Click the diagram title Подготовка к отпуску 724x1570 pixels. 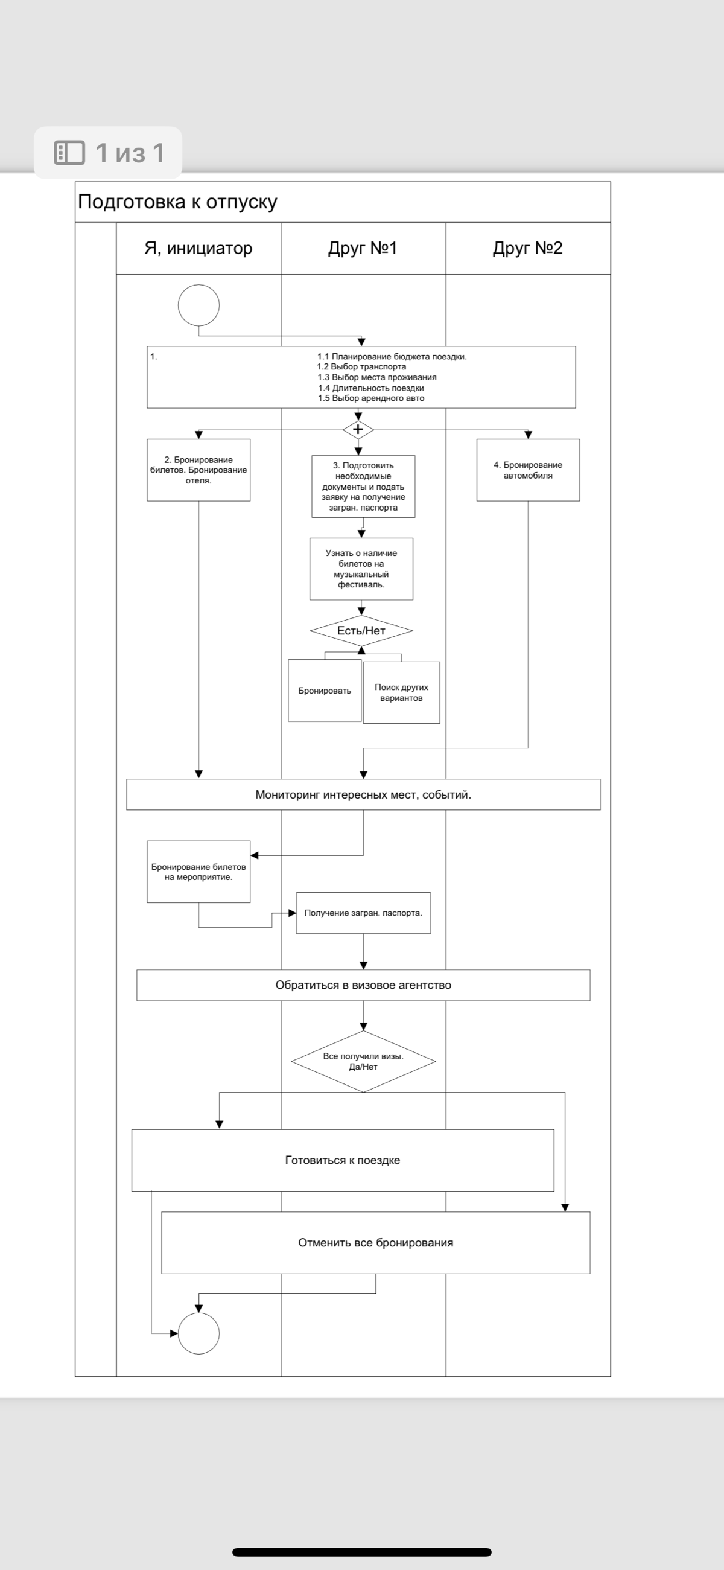177,202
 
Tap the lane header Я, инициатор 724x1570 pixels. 198,248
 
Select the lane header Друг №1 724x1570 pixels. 363,248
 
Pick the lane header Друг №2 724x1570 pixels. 528,248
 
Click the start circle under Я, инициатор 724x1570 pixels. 198,305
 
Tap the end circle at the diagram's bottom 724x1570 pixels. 198,1333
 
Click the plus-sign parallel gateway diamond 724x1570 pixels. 358,430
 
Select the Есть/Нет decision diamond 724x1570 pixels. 361,631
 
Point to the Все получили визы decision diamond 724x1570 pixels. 363,1061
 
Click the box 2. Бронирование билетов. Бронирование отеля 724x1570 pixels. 198,470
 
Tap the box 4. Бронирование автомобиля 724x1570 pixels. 528,470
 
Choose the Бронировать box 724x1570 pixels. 325,691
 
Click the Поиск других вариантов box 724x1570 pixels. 402,692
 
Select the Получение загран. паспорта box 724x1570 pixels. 363,913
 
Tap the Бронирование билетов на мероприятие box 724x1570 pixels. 198,872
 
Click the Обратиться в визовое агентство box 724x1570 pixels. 363,985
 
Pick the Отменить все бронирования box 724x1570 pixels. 375,1243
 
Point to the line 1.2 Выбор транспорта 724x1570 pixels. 361,367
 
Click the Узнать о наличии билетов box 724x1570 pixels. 361,569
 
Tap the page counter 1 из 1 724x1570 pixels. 109,153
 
